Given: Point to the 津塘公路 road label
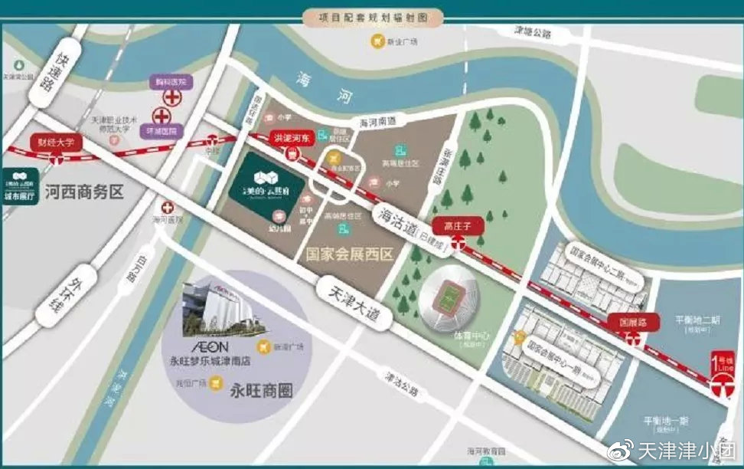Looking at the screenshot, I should [531, 33].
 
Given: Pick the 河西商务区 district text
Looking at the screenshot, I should [84, 191].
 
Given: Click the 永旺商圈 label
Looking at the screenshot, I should [261, 389].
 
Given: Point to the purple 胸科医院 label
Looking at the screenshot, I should [171, 80].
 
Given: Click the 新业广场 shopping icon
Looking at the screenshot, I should [376, 41].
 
